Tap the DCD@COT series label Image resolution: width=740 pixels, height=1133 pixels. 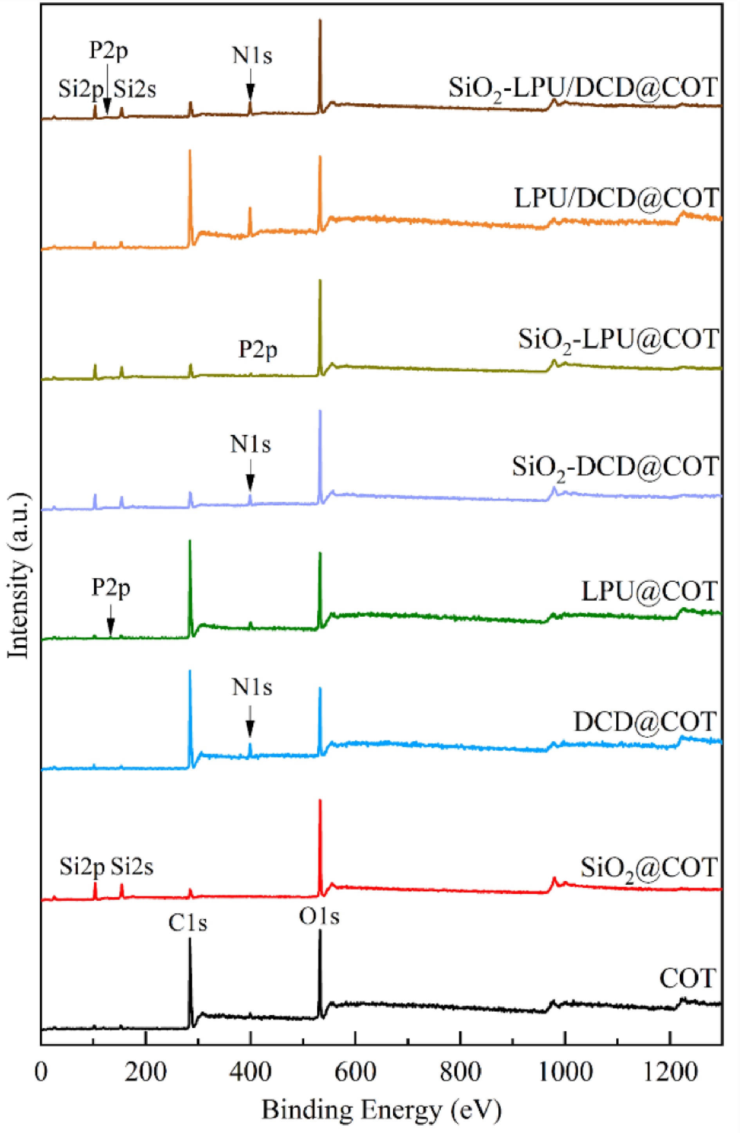[645, 722]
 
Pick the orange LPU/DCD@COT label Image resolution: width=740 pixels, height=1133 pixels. [616, 199]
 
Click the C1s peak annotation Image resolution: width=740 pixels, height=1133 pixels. [188, 923]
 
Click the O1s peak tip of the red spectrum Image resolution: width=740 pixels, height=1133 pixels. [320, 801]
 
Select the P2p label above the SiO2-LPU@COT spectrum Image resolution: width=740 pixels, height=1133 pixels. [258, 350]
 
